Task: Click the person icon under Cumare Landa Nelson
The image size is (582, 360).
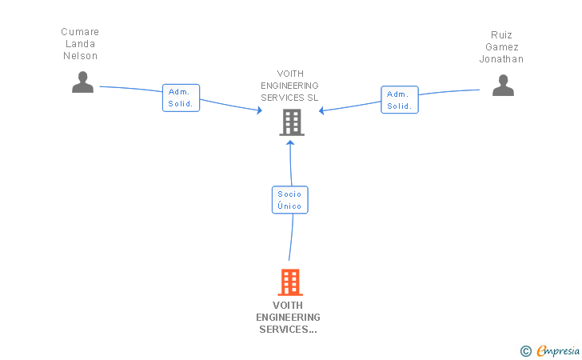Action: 82,82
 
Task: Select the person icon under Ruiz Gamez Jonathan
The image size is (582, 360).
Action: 503,85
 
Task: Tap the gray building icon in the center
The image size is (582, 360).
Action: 291,122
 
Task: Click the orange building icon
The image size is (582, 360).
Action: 290,282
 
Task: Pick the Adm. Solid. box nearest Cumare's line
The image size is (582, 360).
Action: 181,98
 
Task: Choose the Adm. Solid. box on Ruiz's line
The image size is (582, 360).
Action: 399,100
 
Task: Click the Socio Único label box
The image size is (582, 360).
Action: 289,200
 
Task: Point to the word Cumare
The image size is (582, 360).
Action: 80,32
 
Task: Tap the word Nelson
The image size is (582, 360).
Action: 80,56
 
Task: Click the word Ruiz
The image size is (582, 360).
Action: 501,35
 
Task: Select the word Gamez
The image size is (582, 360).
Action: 501,47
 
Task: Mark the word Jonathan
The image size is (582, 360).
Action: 501,59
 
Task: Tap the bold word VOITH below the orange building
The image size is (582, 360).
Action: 288,306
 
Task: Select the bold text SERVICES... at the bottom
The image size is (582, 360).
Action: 288,330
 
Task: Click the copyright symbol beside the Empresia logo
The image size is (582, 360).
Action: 525,350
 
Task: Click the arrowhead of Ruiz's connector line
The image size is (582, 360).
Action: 321,110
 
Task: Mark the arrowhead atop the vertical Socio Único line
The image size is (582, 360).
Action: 290,142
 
